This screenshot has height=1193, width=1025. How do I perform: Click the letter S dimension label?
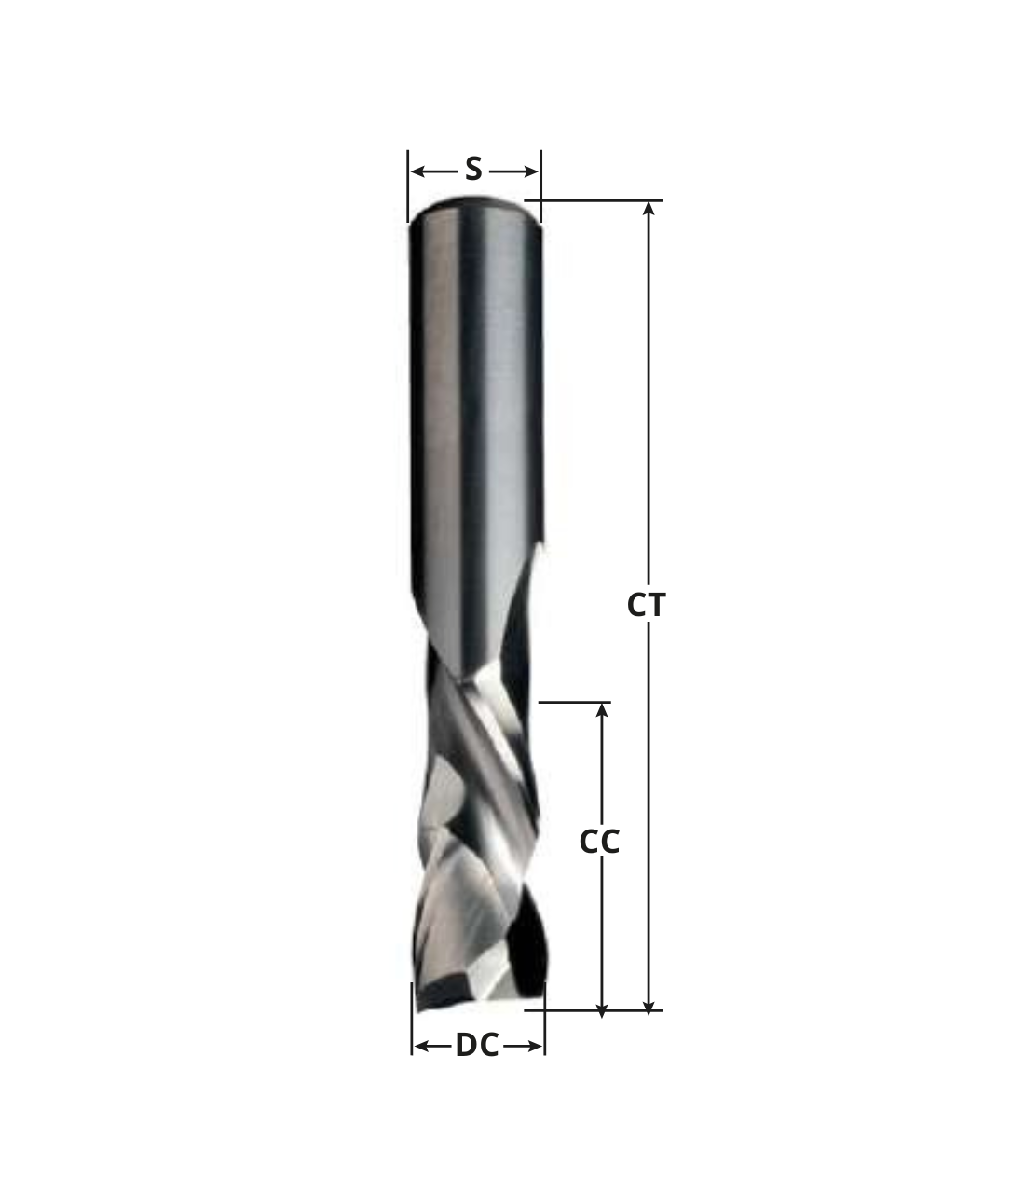click(x=473, y=170)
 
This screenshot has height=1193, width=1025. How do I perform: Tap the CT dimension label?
click(x=646, y=606)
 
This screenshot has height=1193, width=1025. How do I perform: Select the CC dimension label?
click(x=599, y=842)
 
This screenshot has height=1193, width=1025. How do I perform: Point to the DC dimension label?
click(x=477, y=1046)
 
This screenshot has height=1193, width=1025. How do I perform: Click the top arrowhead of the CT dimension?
click(x=649, y=208)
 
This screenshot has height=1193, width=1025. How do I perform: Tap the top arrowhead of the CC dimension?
click(x=602, y=709)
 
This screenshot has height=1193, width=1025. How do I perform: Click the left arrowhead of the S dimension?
click(x=417, y=171)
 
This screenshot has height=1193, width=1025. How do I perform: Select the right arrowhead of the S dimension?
click(x=532, y=171)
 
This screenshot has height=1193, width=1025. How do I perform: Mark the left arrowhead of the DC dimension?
click(x=420, y=1047)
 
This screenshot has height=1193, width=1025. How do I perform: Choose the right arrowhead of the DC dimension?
click(x=537, y=1047)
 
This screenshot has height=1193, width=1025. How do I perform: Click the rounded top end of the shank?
click(x=474, y=203)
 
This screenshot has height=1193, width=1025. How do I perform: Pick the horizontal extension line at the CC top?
click(x=574, y=702)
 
